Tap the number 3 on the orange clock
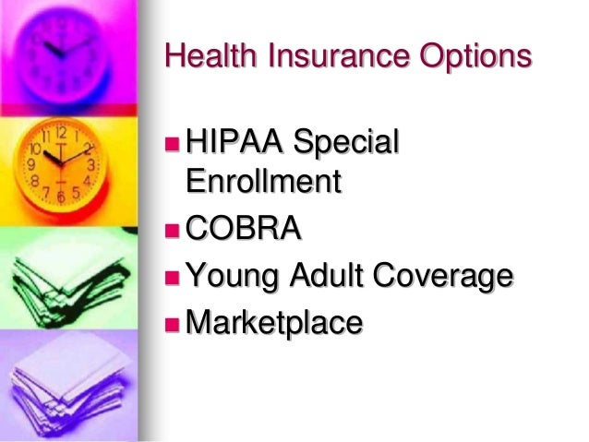[x=91, y=165]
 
